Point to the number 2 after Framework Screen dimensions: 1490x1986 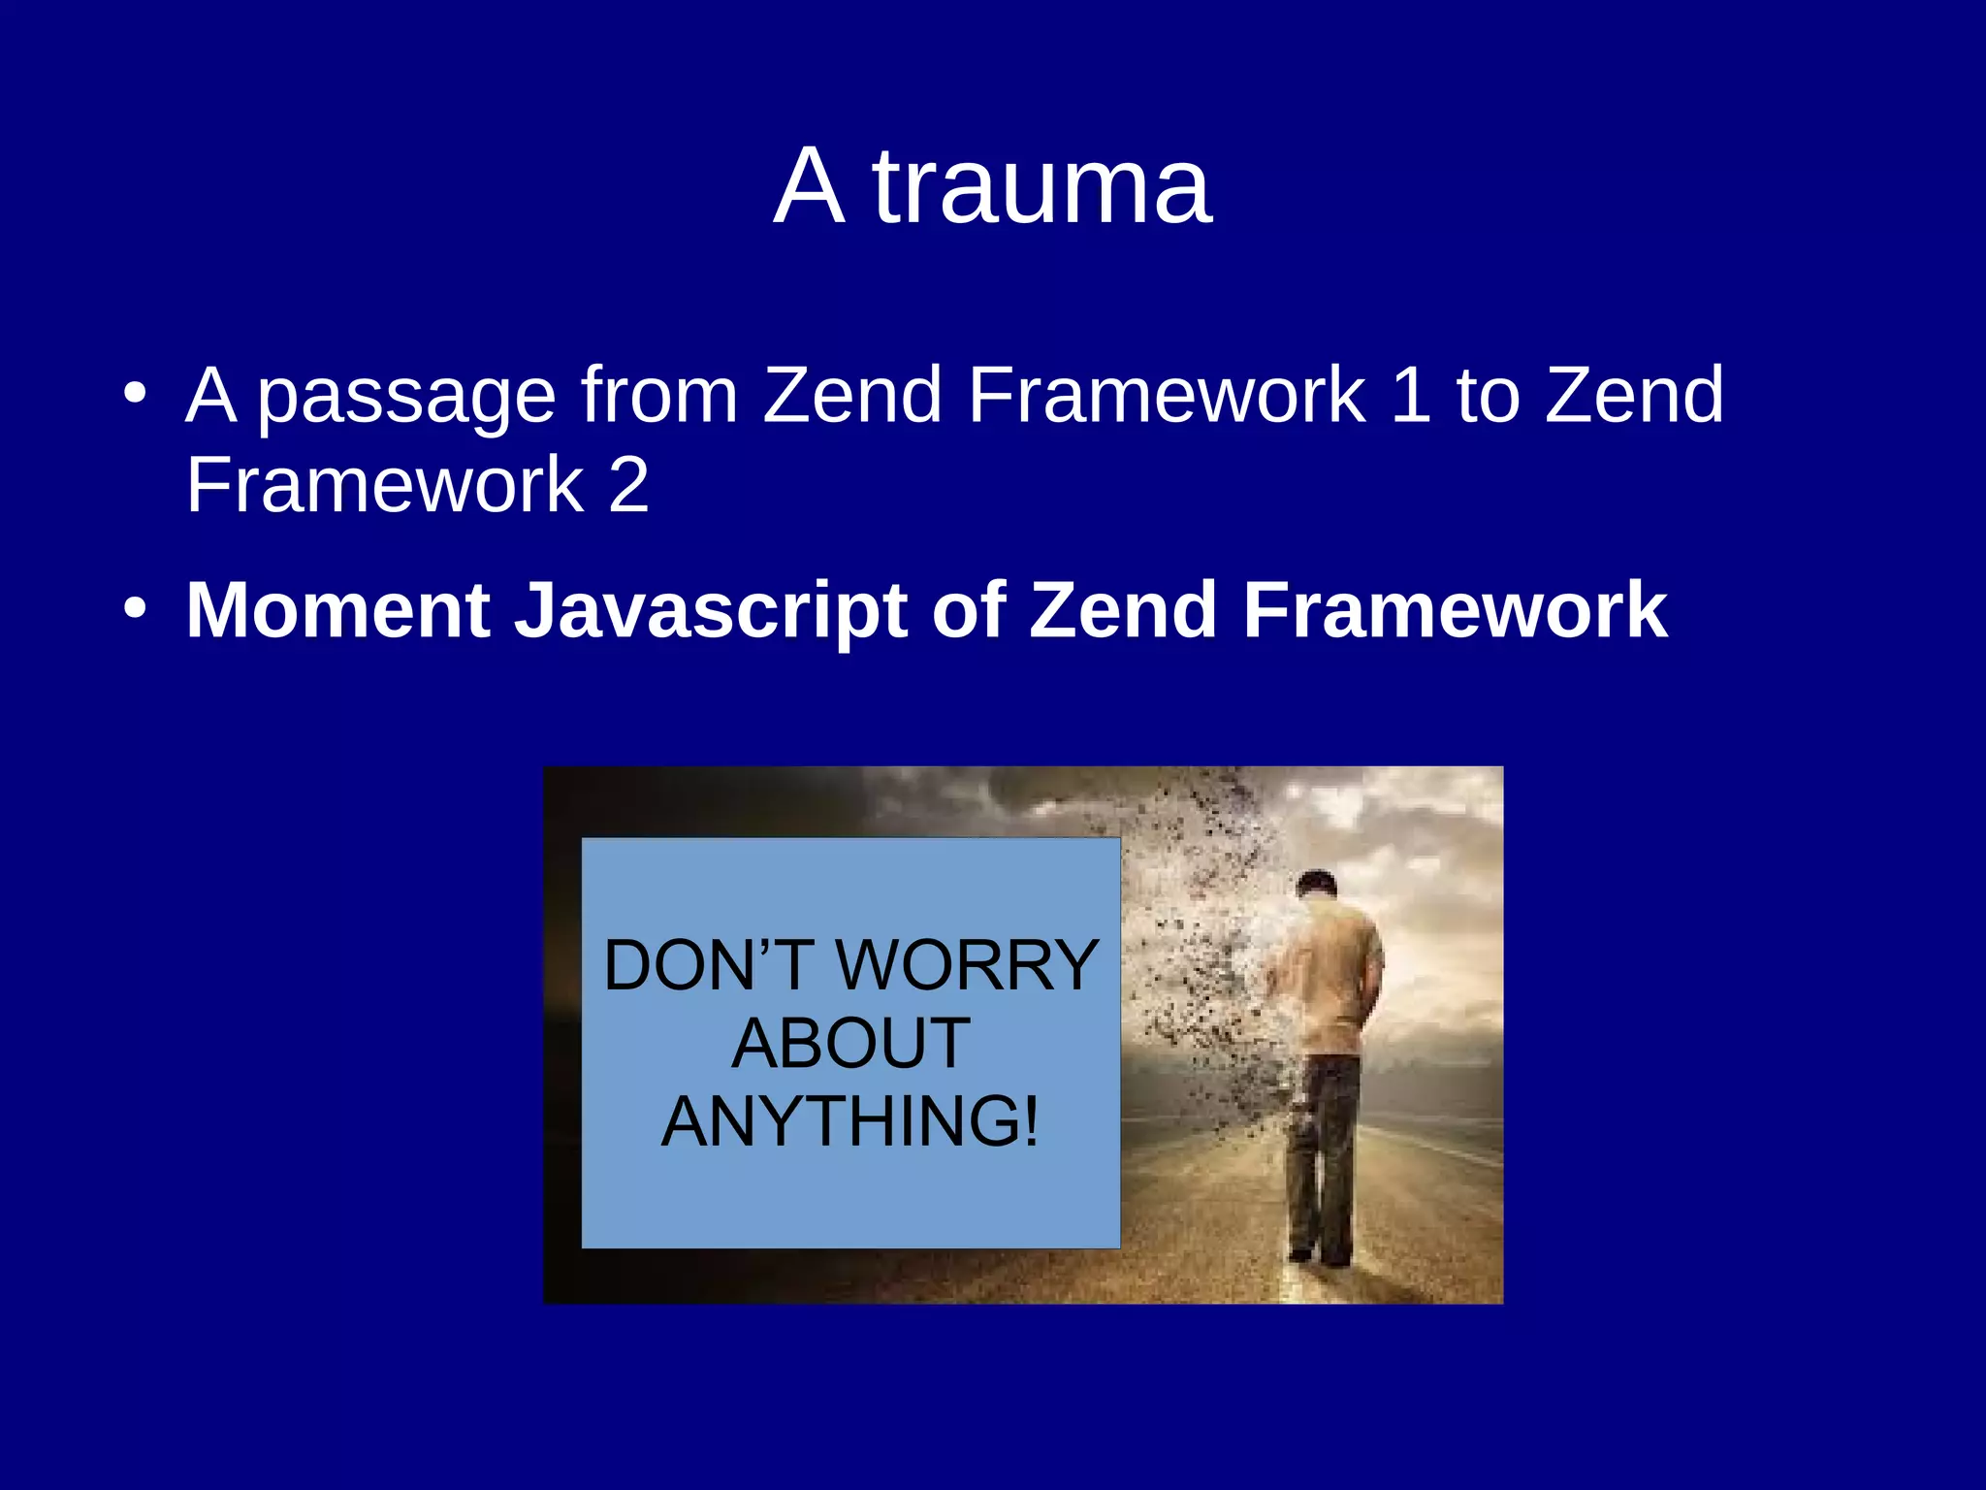coord(628,484)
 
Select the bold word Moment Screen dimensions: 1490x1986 coord(338,610)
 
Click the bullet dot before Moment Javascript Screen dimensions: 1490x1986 coord(136,609)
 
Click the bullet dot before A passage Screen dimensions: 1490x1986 coord(136,394)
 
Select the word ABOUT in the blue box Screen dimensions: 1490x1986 coord(850,1044)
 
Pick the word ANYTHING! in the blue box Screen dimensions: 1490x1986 coord(850,1121)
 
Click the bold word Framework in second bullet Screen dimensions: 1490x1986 coord(1455,610)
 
